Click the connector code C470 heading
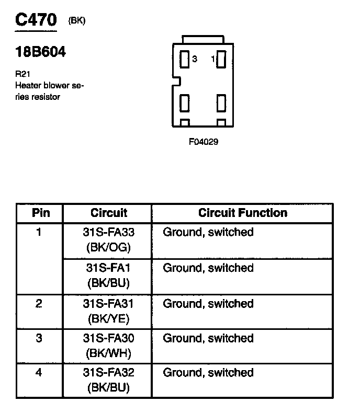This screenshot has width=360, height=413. coord(36,20)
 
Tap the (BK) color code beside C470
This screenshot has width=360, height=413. coord(76,21)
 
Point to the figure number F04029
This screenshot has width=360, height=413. coord(204,142)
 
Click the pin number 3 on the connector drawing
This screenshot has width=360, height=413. coord(195,60)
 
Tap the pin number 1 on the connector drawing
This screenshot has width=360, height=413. coord(213,60)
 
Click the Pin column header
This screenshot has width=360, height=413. coord(40,213)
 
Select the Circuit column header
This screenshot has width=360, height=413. coord(108,213)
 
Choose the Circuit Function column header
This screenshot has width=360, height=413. coord(242,213)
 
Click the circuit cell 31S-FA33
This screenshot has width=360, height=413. coord(109,232)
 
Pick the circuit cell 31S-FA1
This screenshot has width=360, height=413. coord(109,268)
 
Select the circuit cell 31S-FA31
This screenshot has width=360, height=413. coord(109,304)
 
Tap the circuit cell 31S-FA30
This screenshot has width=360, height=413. coord(109,338)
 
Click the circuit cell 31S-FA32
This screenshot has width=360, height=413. coord(109,373)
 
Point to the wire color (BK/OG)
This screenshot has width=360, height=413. coord(109,247)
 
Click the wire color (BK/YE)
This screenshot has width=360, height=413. coord(109,318)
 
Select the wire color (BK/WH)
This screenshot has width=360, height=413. coord(109,353)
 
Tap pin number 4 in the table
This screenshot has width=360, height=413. coord(39,373)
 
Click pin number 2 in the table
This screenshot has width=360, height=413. coord(39,304)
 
